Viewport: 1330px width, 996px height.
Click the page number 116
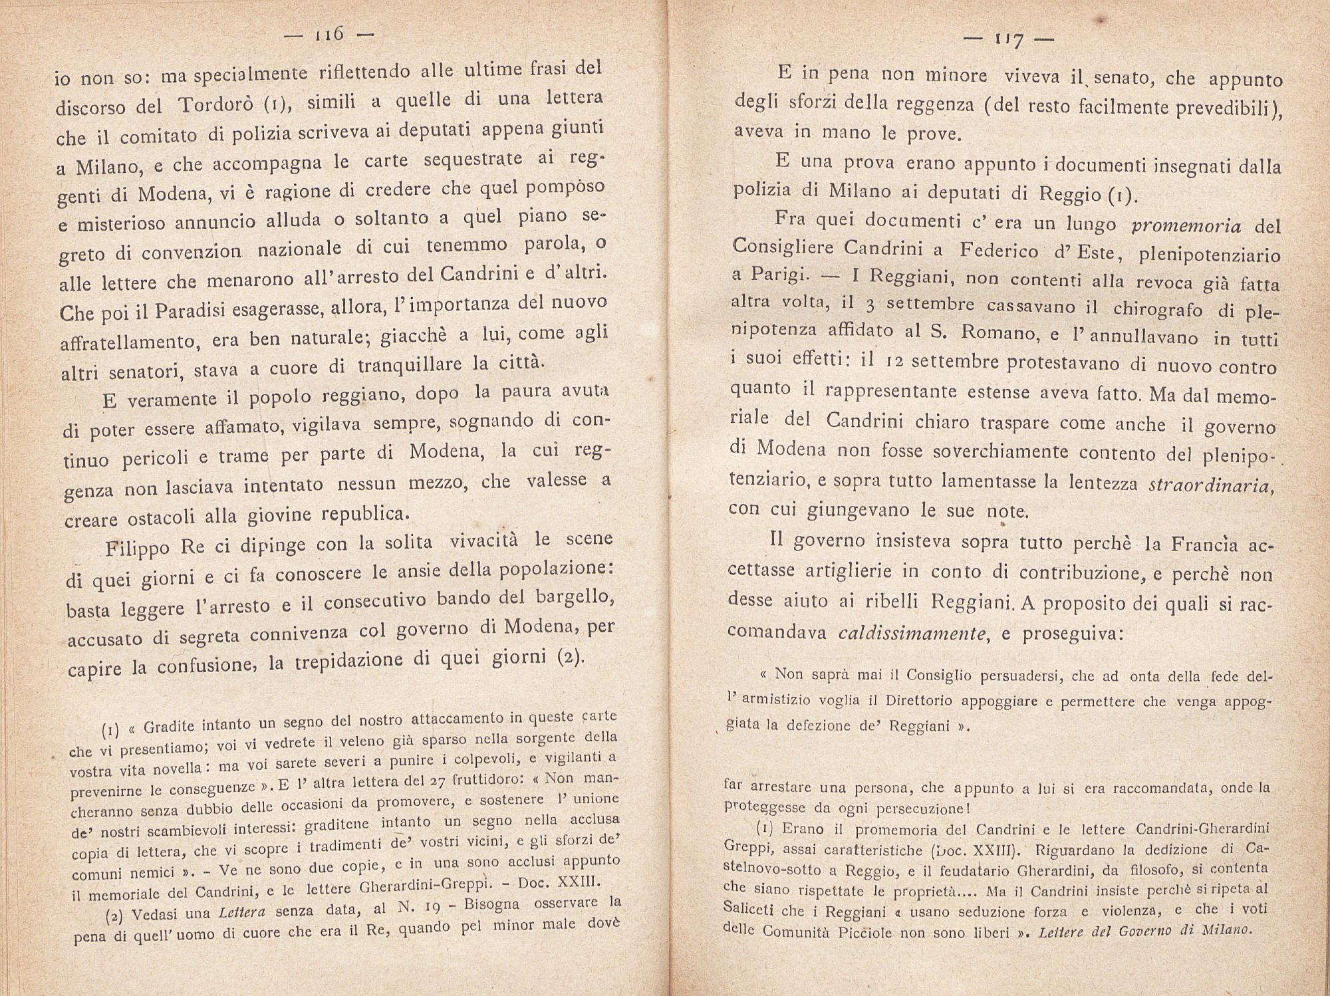[329, 35]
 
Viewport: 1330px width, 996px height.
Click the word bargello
[572, 595]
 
